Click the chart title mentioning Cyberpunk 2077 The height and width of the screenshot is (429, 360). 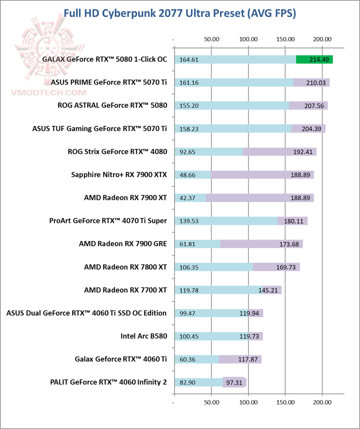[180, 13]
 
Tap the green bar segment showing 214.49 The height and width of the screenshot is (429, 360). [314, 59]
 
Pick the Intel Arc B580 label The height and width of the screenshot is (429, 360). [143, 336]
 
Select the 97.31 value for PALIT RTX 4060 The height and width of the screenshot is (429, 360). [234, 382]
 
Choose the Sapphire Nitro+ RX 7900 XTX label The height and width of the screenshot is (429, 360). [119, 174]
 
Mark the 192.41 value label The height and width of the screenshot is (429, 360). [301, 151]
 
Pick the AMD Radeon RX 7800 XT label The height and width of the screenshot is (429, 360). [125, 267]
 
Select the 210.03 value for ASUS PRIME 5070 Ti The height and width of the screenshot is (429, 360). [316, 82]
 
